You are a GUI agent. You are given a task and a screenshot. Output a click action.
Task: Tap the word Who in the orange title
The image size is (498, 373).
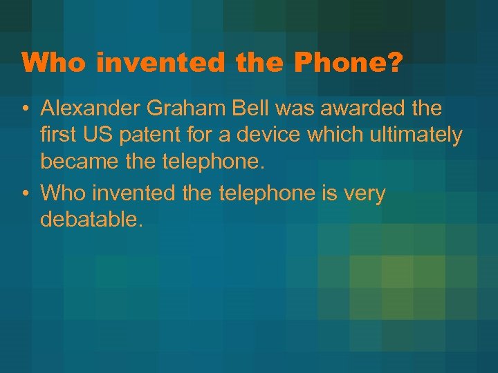(x=55, y=63)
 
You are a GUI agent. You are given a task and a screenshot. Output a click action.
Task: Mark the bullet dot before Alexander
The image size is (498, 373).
(x=24, y=109)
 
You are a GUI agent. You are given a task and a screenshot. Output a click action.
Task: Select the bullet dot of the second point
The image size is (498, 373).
(x=24, y=195)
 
